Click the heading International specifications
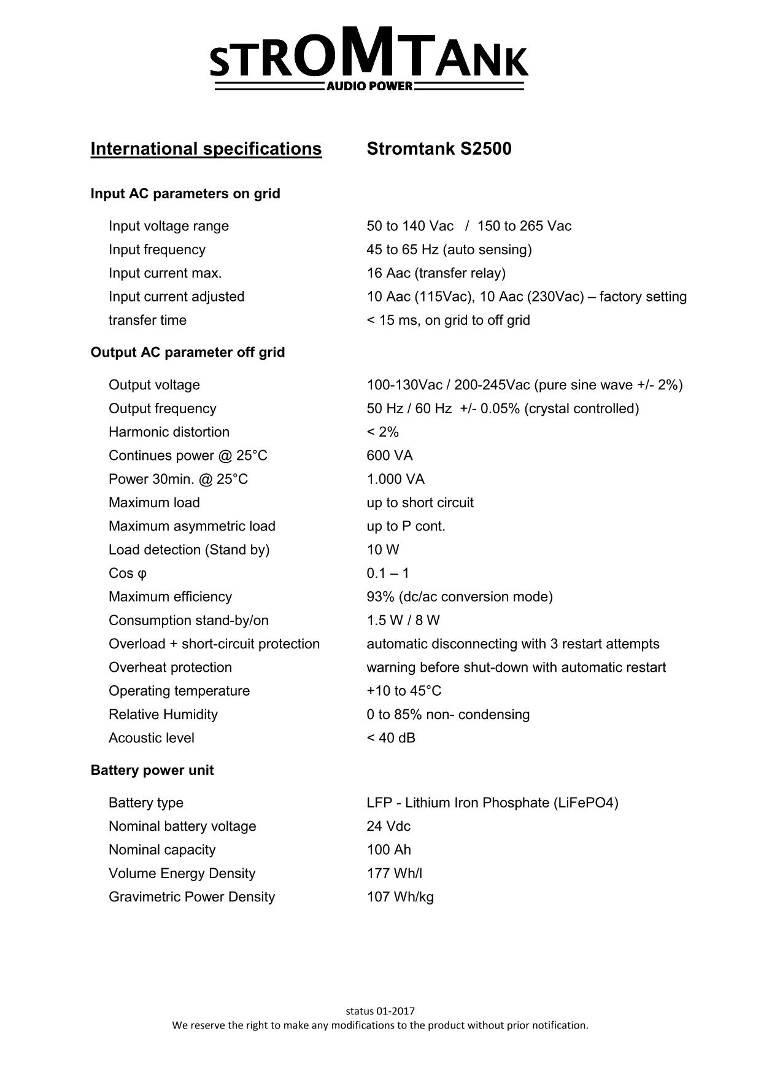pyautogui.click(x=206, y=149)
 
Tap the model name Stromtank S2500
pyautogui.click(x=439, y=149)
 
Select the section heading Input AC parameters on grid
pyautogui.click(x=185, y=193)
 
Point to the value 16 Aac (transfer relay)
pyautogui.click(x=436, y=273)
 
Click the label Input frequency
pyautogui.click(x=157, y=249)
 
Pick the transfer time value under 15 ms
pyautogui.click(x=449, y=320)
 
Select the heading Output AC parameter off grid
pyautogui.click(x=188, y=352)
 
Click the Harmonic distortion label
pyautogui.click(x=169, y=432)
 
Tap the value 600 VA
pyautogui.click(x=390, y=456)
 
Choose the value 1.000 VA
pyautogui.click(x=396, y=479)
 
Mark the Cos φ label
pyautogui.click(x=128, y=573)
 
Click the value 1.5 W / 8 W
pyautogui.click(x=403, y=620)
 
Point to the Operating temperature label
pyautogui.click(x=179, y=691)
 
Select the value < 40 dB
pyautogui.click(x=391, y=738)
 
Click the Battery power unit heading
pyautogui.click(x=152, y=771)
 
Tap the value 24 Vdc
pyautogui.click(x=388, y=826)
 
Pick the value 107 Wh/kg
pyautogui.click(x=400, y=897)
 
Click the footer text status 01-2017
pyautogui.click(x=381, y=1011)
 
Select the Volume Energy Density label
pyautogui.click(x=182, y=874)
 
